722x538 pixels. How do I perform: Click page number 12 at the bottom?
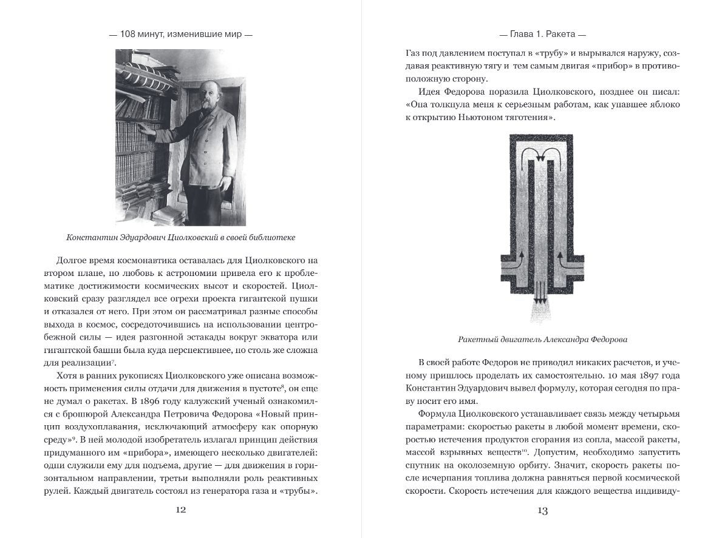pos(180,509)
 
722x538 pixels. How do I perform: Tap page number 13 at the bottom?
pos(542,511)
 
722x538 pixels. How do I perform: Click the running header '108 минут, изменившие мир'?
pos(180,35)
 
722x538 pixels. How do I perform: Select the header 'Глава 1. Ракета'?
pos(542,35)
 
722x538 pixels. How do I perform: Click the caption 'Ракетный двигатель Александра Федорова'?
pos(542,338)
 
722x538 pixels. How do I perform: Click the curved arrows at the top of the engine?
pos(542,152)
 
